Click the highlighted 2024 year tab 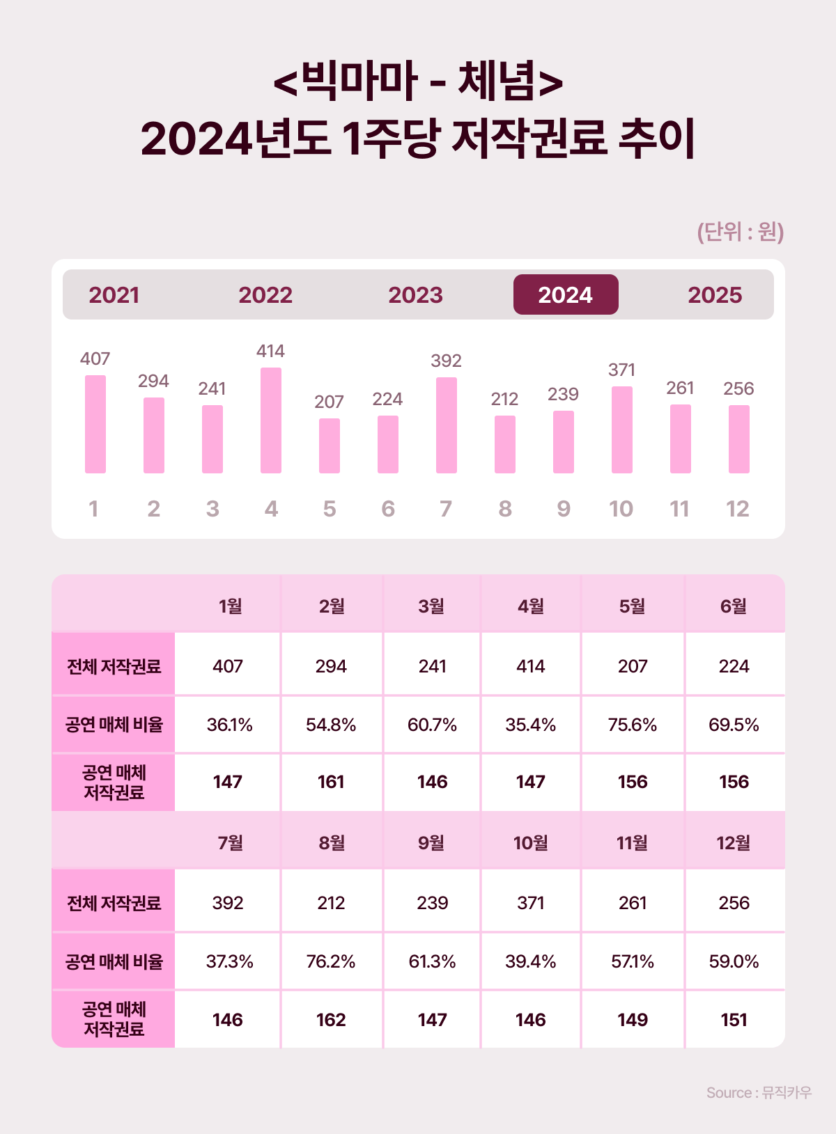click(x=565, y=294)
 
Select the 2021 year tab click(x=114, y=294)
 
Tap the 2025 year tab click(x=715, y=294)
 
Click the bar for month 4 click(x=271, y=420)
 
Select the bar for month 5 click(x=330, y=446)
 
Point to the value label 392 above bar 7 click(x=446, y=361)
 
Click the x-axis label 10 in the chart click(x=621, y=509)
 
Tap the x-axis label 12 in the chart click(x=738, y=509)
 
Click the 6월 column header click(x=734, y=606)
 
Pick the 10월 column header click(x=531, y=843)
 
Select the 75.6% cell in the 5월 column click(x=633, y=725)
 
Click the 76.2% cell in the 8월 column click(x=331, y=961)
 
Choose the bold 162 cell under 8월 click(x=331, y=1020)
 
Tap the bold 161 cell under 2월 click(x=331, y=782)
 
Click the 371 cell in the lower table click(x=531, y=903)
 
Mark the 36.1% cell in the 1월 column click(x=229, y=725)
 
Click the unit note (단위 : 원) click(x=741, y=231)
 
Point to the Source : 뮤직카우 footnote click(x=759, y=1092)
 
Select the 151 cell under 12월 click(x=734, y=1020)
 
